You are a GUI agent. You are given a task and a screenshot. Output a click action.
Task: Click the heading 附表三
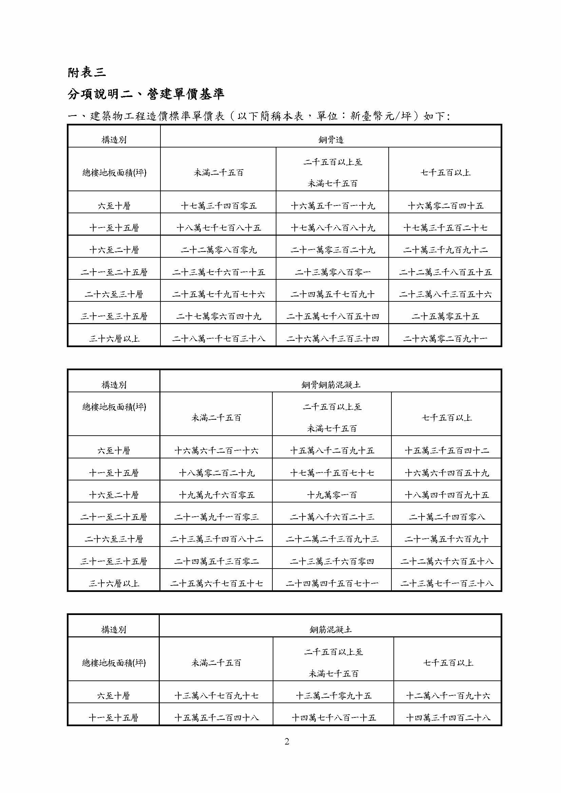click(x=86, y=73)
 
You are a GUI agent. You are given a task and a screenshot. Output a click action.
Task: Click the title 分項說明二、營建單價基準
click(x=146, y=94)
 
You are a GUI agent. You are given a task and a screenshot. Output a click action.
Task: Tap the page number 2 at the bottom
click(x=287, y=741)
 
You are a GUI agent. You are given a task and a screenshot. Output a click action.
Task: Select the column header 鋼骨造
click(x=331, y=140)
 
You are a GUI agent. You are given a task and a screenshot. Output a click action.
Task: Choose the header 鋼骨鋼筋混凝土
click(x=331, y=385)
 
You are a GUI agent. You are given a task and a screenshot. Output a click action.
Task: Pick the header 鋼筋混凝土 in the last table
click(x=331, y=630)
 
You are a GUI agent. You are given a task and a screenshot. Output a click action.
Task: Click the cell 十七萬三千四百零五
click(x=219, y=206)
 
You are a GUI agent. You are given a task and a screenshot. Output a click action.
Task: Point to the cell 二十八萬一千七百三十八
click(x=219, y=339)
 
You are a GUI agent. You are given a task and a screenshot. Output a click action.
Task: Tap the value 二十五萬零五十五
click(x=445, y=317)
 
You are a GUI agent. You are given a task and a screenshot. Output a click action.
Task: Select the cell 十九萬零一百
click(x=332, y=495)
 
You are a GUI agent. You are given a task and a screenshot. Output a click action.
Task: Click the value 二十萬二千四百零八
click(x=447, y=517)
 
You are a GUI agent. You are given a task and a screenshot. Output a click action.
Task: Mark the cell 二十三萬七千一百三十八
click(x=447, y=583)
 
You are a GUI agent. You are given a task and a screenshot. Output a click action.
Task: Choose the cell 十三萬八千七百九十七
click(x=216, y=696)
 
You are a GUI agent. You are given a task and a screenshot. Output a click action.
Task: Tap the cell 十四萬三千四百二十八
click(x=448, y=718)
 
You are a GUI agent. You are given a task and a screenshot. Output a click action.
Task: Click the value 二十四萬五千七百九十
click(x=332, y=295)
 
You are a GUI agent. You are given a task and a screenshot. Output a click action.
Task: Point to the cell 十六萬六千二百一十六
click(x=216, y=451)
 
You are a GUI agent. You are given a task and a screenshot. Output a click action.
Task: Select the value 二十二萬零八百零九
click(x=219, y=250)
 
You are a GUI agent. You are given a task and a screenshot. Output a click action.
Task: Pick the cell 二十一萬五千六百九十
click(x=447, y=539)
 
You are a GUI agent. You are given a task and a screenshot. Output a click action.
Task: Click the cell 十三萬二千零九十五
click(x=333, y=696)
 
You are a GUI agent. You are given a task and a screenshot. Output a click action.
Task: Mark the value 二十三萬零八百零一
click(x=332, y=273)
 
